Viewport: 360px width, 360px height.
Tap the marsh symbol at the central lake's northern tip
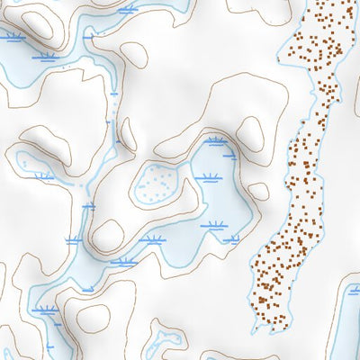[x=215, y=141]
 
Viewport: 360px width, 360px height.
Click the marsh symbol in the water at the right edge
[x=354, y=290]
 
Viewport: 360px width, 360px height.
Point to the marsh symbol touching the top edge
[x=128, y=10]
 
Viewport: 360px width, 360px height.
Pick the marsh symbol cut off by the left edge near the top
[x=11, y=38]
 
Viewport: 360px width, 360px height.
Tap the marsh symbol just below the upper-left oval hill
[x=47, y=57]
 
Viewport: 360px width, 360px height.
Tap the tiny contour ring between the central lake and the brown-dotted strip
[x=258, y=191]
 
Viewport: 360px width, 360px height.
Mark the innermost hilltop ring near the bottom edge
[x=94, y=318]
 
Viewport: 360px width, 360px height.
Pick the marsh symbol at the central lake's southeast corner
[x=231, y=239]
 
